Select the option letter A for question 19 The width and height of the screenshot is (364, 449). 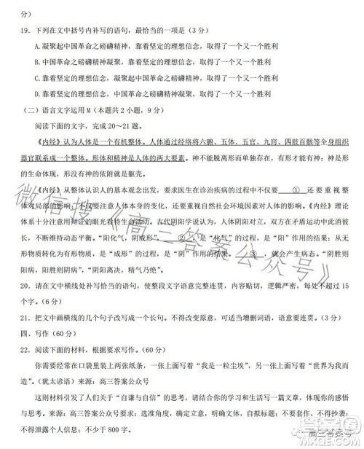[x=36, y=45]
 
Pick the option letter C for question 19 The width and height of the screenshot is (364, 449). [x=36, y=78]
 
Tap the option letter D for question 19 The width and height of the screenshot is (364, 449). [x=36, y=94]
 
